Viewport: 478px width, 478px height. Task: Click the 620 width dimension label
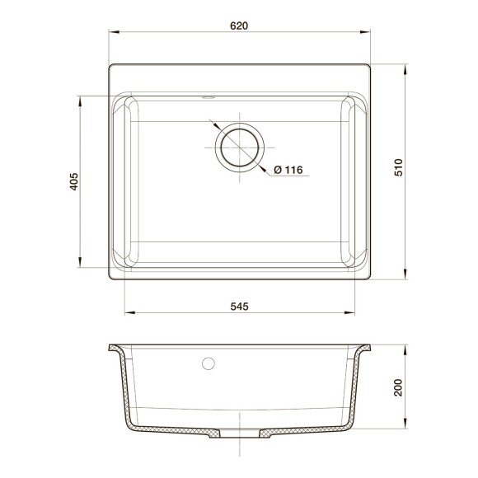coord(239,25)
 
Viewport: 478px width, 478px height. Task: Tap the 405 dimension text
coord(73,181)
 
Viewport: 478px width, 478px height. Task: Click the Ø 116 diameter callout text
coord(288,170)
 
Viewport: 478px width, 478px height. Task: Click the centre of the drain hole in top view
coord(240,148)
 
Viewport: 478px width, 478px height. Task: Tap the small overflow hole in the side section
coord(209,362)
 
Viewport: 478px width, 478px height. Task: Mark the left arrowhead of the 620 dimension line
coord(113,34)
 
